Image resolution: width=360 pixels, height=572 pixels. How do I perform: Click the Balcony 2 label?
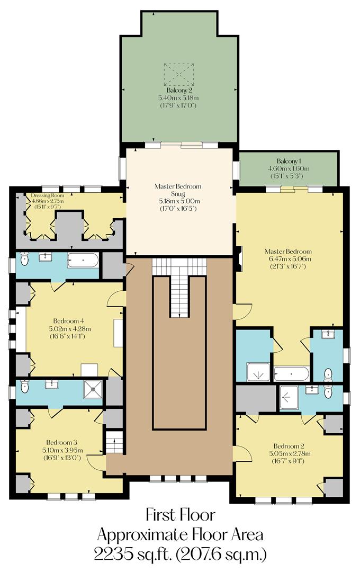(x=178, y=91)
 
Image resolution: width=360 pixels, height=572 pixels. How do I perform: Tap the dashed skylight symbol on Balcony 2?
(x=178, y=75)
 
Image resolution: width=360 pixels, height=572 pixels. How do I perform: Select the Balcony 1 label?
(x=288, y=160)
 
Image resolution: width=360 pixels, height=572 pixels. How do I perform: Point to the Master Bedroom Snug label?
(x=178, y=190)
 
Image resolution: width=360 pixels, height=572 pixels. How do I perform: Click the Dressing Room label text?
(x=48, y=195)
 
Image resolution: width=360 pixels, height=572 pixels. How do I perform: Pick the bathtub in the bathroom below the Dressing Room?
(x=83, y=260)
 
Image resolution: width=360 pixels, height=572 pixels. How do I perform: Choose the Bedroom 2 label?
(x=289, y=445)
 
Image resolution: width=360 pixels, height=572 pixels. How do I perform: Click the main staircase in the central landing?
(x=179, y=289)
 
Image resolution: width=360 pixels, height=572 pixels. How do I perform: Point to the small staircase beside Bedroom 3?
(x=114, y=442)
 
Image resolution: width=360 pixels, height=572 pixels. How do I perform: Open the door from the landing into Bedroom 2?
(x=241, y=453)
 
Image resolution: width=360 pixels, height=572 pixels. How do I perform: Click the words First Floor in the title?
(x=180, y=514)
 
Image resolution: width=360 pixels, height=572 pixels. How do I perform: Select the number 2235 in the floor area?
(x=113, y=554)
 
